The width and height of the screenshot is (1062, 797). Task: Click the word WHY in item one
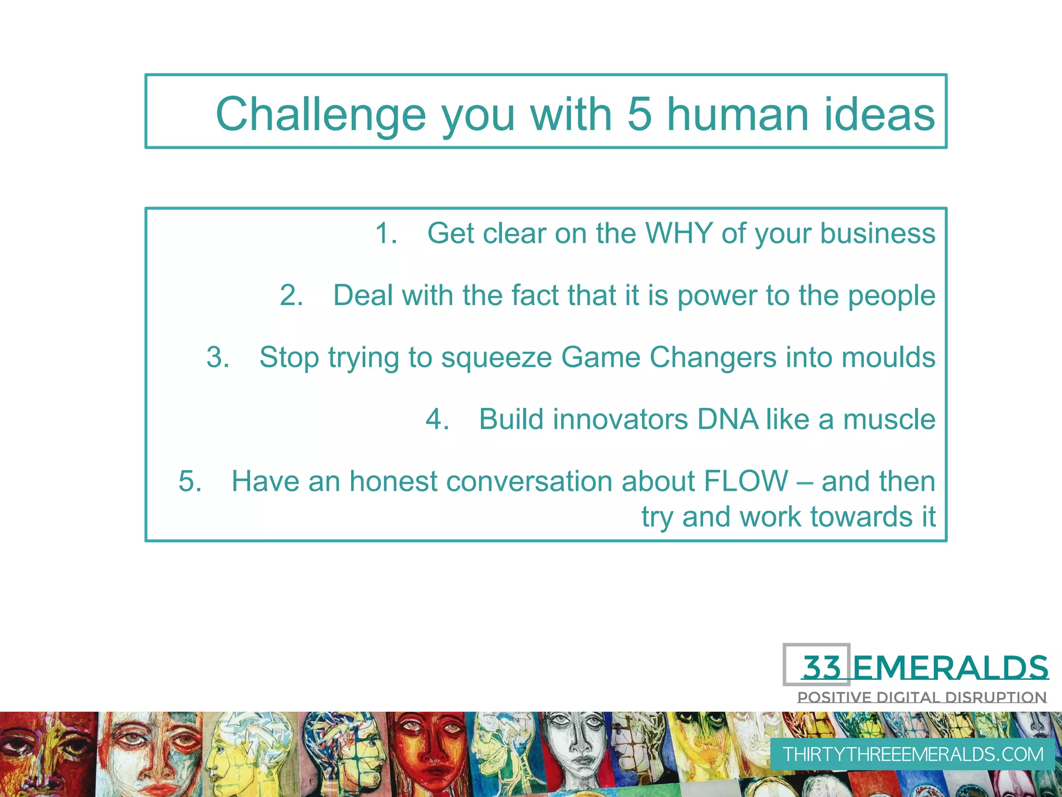[x=679, y=233]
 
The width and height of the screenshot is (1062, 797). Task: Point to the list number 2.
[x=291, y=295]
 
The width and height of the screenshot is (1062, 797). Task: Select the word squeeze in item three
[x=496, y=358]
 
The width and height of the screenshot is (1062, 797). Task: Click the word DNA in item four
[x=728, y=419]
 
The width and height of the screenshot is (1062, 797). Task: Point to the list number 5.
[x=190, y=480]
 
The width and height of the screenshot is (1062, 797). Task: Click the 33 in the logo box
[x=821, y=667]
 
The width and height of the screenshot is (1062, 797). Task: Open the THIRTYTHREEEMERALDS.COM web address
[x=913, y=754]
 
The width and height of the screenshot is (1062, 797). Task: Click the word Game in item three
[x=600, y=357]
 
